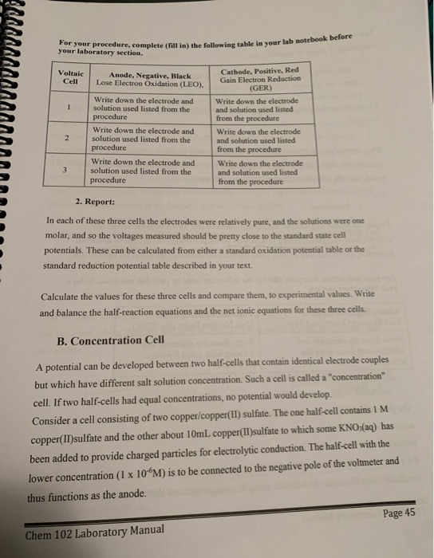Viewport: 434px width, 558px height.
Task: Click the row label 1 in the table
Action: pos(73,108)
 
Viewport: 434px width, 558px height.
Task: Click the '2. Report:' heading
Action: pos(95,202)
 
